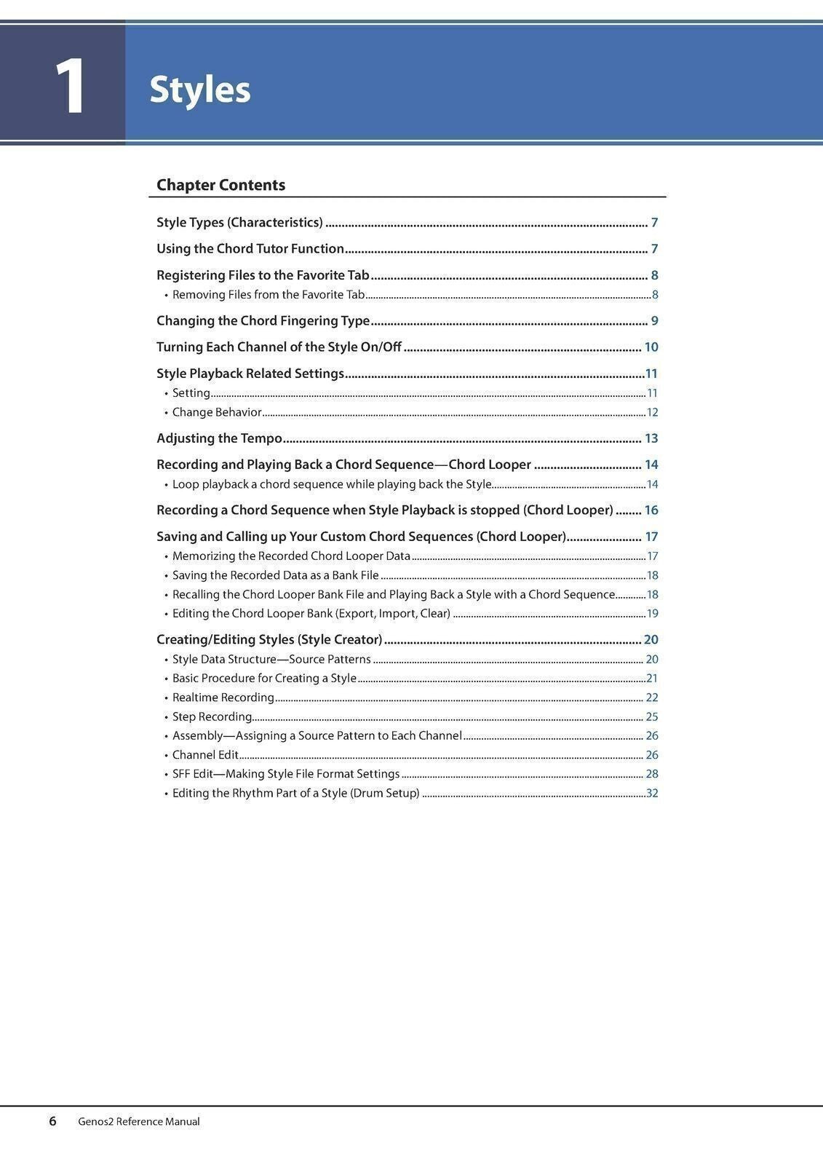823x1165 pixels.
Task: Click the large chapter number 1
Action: (x=71, y=87)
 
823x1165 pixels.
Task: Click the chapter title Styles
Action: (x=200, y=90)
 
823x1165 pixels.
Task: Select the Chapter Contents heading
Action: (x=220, y=185)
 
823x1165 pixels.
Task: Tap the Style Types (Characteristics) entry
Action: (x=239, y=223)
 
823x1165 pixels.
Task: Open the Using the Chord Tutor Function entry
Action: (x=250, y=249)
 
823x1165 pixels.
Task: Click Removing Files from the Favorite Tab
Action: (x=269, y=295)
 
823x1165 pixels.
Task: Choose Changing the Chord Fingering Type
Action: (x=263, y=321)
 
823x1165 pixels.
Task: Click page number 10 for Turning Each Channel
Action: (x=651, y=347)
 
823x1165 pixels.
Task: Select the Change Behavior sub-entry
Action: (x=217, y=412)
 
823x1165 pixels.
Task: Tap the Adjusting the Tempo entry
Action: (x=219, y=438)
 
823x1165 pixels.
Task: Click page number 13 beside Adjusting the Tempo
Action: (x=651, y=438)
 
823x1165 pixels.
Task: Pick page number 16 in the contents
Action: (x=651, y=510)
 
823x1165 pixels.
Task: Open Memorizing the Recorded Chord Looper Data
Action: (x=291, y=556)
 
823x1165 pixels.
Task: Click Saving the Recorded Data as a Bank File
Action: (x=275, y=575)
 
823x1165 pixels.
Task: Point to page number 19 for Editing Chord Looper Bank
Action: (x=653, y=614)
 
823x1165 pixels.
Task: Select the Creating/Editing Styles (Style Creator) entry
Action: (x=269, y=640)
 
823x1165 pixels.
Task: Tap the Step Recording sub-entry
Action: (x=212, y=716)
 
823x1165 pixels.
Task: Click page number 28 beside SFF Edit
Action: (x=652, y=774)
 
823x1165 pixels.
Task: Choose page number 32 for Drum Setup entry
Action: (x=653, y=793)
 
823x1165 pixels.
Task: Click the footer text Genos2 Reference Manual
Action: (x=139, y=1122)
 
